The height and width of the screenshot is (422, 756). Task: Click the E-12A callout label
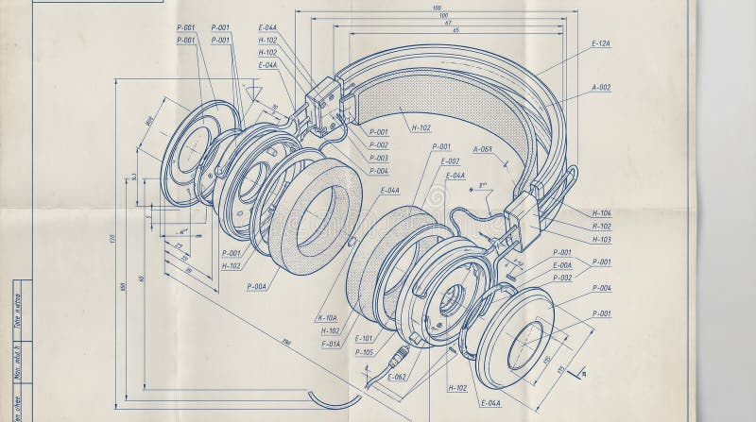(x=601, y=44)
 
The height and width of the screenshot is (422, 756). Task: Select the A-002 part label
(x=601, y=87)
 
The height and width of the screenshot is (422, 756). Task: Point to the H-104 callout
(x=601, y=213)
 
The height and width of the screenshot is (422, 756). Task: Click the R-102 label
(x=601, y=227)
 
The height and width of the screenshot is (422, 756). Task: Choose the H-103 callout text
(x=601, y=240)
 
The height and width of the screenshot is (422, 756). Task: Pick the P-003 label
(x=378, y=158)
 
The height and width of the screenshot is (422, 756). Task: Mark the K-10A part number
(x=329, y=317)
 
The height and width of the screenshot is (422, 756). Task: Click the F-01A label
(x=331, y=344)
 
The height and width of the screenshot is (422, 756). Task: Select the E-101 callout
(x=364, y=338)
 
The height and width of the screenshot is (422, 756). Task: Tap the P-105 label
(x=364, y=352)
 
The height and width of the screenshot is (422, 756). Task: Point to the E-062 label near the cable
(x=395, y=377)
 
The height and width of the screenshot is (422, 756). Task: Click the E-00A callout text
(x=561, y=265)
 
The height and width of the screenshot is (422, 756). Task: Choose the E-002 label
(x=450, y=161)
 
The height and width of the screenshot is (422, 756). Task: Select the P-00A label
(x=257, y=285)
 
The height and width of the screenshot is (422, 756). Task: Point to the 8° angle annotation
(x=482, y=186)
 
